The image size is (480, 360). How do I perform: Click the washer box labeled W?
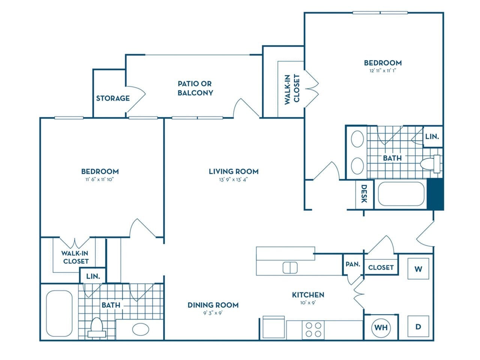418,269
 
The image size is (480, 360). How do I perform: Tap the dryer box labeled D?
418,327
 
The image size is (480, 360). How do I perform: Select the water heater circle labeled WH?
381,327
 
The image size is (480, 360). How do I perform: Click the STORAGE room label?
113,98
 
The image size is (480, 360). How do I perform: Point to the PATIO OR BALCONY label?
195,88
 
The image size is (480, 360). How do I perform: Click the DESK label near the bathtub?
364,193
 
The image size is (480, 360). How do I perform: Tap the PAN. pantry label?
352,264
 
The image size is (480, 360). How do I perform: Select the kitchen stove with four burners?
313,330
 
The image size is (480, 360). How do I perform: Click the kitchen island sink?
290,267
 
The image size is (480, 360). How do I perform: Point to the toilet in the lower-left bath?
96,328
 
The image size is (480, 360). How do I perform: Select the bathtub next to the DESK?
401,194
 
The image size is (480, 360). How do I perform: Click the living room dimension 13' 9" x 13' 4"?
233,179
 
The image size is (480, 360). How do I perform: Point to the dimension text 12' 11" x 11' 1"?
382,70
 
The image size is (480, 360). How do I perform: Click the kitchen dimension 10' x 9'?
308,303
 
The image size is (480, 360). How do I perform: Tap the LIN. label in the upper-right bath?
432,136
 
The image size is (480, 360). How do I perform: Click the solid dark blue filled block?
436,194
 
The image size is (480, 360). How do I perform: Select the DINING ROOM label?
213,305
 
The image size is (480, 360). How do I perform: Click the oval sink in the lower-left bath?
140,330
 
